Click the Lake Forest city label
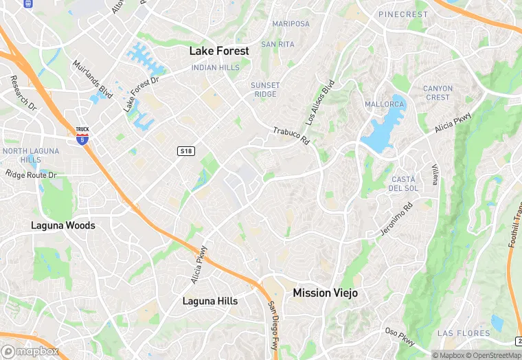click(219, 51)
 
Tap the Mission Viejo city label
click(325, 293)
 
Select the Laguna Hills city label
click(209, 301)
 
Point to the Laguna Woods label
click(63, 225)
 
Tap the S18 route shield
click(184, 150)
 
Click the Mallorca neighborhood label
click(384, 104)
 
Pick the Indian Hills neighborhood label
click(216, 67)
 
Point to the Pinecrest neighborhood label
click(402, 14)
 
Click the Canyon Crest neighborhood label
click(438, 93)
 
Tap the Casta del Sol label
click(403, 183)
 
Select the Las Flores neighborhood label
click(464, 333)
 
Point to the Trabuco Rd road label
click(291, 136)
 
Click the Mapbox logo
click(30, 351)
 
